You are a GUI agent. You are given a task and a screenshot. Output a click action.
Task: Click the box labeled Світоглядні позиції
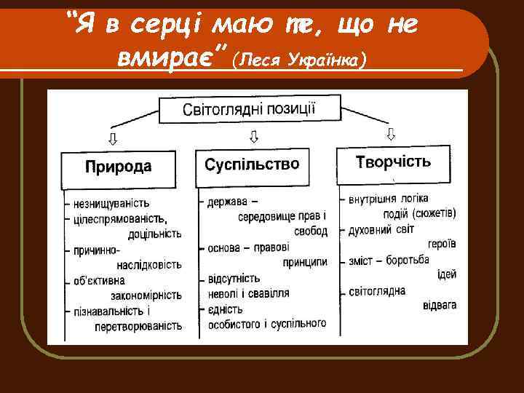tap(250, 111)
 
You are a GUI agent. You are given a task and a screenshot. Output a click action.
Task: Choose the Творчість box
tap(393, 161)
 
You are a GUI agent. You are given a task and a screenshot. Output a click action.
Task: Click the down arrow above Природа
tap(112, 138)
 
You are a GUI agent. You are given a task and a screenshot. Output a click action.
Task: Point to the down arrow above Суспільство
tap(254, 136)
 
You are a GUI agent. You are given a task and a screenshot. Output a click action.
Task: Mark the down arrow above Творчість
tap(391, 134)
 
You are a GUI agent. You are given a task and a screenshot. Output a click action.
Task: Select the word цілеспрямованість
tap(119, 218)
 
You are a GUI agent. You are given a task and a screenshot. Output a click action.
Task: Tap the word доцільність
tap(154, 234)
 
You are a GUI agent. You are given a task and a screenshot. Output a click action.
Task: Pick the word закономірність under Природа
tap(146, 295)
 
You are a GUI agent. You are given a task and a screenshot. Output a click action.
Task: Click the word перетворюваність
tap(138, 326)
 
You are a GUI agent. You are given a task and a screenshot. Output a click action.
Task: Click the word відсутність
tap(234, 278)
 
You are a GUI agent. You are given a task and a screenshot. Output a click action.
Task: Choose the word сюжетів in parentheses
tap(434, 213)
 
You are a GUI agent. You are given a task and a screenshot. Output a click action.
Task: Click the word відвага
tap(439, 305)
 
